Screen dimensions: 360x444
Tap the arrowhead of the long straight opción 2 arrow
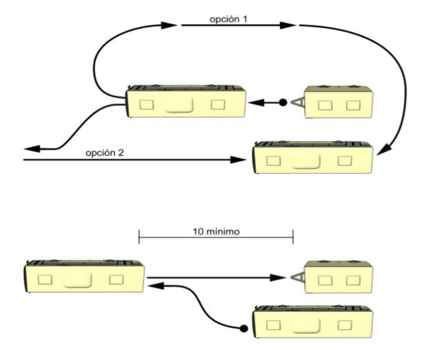tap(238, 160)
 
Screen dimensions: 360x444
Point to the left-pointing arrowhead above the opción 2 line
tap(32, 148)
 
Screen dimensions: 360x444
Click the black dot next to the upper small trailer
tap(283, 102)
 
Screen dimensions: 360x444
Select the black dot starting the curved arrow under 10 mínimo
tap(241, 329)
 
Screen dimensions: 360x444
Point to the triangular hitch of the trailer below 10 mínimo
tap(298, 277)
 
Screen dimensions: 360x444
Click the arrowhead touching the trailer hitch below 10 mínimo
tap(290, 277)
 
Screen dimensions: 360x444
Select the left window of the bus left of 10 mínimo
tap(45, 280)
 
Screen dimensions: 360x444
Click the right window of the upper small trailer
tap(353, 106)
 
